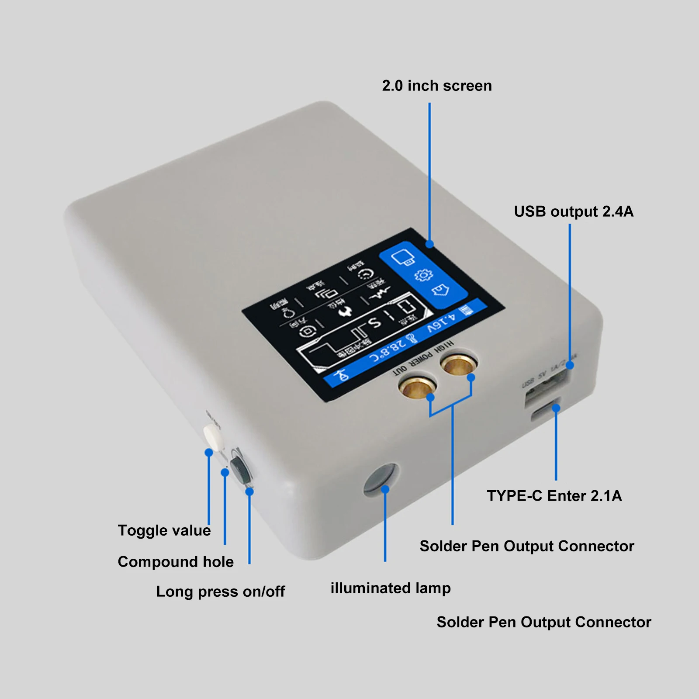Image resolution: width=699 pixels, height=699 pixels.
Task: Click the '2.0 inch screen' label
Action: [x=437, y=86]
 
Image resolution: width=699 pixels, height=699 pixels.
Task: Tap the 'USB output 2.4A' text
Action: [x=573, y=212]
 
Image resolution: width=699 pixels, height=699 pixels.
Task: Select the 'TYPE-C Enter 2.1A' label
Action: [x=554, y=496]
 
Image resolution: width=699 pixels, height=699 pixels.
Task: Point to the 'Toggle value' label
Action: [x=164, y=531]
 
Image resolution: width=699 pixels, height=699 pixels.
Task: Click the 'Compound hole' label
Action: [x=176, y=562]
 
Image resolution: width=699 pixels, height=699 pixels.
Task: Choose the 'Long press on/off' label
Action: [x=220, y=592]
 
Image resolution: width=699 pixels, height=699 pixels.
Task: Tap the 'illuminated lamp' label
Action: [x=391, y=588]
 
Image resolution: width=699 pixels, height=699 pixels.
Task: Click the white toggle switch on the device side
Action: [x=214, y=435]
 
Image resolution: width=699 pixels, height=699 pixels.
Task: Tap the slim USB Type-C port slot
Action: [x=546, y=411]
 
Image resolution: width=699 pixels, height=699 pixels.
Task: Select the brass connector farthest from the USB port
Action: [x=417, y=387]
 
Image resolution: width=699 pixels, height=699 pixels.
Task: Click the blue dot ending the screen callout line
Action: [x=429, y=244]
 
